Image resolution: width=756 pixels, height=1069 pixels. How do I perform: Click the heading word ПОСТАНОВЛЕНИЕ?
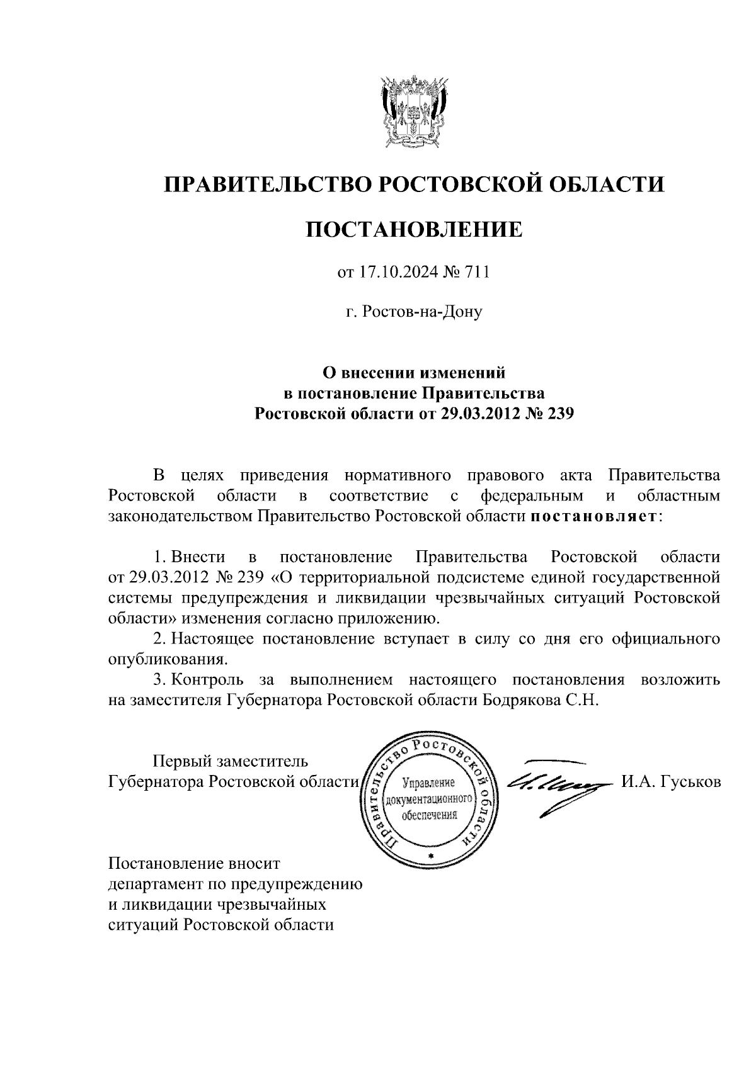[x=415, y=229]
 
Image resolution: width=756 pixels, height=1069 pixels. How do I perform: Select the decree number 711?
[x=477, y=273]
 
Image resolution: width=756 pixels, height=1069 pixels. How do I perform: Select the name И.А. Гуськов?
[x=670, y=782]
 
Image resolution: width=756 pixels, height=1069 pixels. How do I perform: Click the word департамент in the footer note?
[x=154, y=883]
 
